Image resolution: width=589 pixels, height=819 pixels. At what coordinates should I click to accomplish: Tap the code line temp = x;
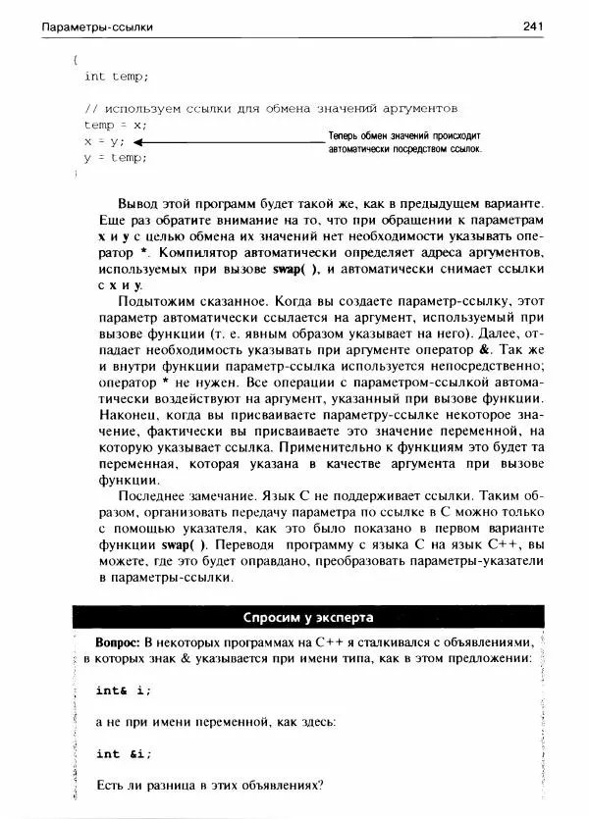(x=115, y=125)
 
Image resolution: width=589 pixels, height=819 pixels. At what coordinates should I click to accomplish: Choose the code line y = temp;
(x=115, y=157)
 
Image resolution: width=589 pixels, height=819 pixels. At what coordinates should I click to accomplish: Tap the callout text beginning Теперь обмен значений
(x=405, y=143)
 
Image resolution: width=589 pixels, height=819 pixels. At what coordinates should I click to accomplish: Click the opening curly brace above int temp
(x=75, y=60)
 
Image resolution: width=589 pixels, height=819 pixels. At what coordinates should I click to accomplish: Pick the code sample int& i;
(x=123, y=691)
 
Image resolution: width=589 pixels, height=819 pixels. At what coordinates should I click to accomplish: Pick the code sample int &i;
(x=123, y=753)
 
